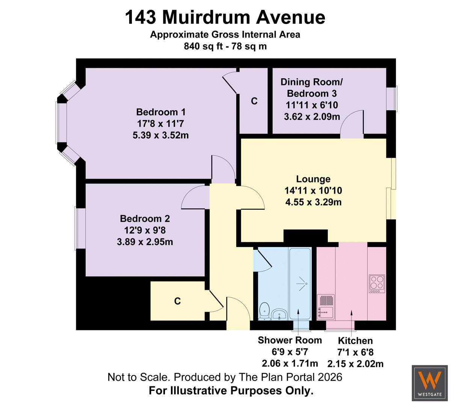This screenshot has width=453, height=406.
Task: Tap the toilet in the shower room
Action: (264, 311)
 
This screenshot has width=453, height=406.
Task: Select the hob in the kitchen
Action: (377, 283)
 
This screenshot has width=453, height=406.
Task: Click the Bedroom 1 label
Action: (161, 112)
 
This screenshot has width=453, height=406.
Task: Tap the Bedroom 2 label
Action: (145, 219)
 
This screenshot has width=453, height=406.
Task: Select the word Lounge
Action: (313, 179)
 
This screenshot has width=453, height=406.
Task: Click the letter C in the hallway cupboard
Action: (177, 301)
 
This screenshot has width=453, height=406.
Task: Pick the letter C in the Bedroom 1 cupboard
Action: (254, 101)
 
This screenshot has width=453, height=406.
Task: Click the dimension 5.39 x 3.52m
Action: (160, 135)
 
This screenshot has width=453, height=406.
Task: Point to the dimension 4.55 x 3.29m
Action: (313, 202)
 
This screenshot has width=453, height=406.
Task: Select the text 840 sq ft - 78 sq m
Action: (225, 46)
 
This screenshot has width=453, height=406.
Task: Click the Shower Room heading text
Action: (290, 340)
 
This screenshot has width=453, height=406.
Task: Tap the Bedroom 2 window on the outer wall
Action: (80, 228)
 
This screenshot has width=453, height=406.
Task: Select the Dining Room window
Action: (392, 99)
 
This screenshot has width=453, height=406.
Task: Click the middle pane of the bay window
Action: (61, 123)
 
